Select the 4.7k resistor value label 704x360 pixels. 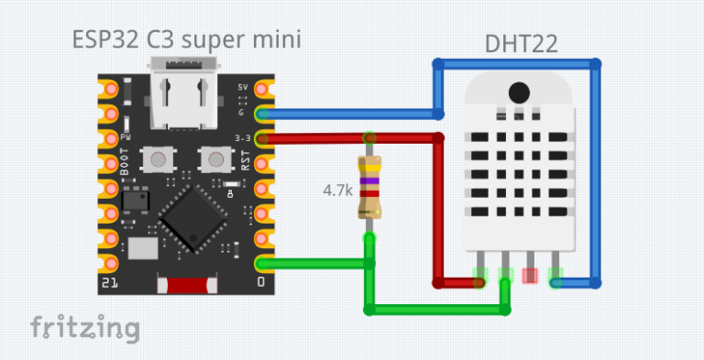[x=336, y=191]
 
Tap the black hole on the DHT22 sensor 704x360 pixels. [x=518, y=92]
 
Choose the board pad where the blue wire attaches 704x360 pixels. [x=263, y=115]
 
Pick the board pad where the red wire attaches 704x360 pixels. [x=263, y=139]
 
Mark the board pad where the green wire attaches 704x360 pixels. [x=263, y=264]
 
